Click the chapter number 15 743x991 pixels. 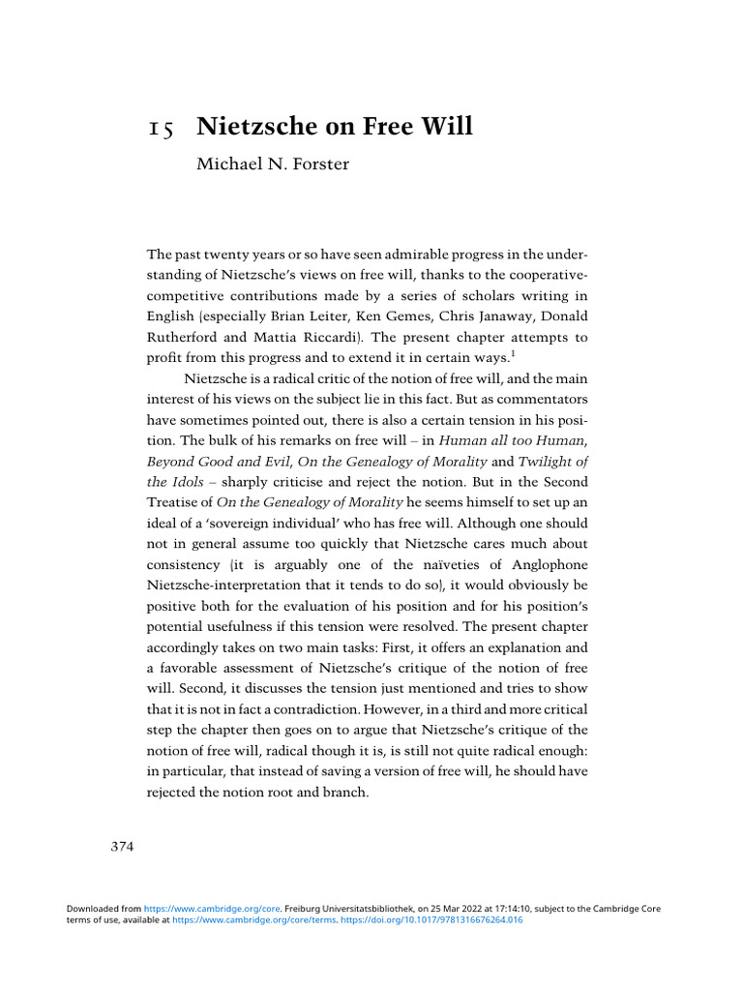pos(161,129)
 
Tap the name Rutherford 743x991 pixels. pos(185,338)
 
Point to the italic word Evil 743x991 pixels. pos(271,461)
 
